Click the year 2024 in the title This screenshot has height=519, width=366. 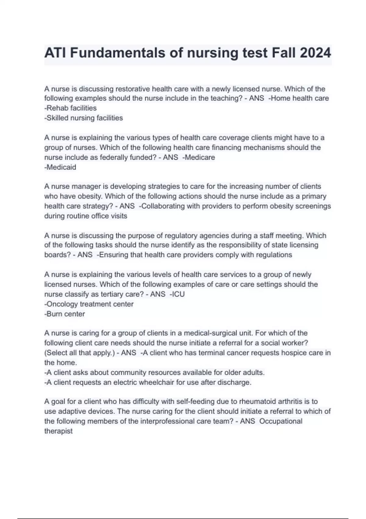[x=316, y=53]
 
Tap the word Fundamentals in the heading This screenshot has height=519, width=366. [x=117, y=53]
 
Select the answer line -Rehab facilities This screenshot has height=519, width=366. [x=70, y=108]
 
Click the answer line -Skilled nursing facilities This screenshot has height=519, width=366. [x=84, y=118]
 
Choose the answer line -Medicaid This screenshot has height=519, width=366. [x=60, y=167]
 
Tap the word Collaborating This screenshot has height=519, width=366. [x=163, y=206]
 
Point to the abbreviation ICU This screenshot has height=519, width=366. [x=178, y=294]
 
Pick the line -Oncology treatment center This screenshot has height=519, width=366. [x=89, y=304]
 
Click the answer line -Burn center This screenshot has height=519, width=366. [x=65, y=314]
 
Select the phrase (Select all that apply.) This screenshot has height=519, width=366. [x=80, y=353]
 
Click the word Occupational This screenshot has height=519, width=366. [x=281, y=421]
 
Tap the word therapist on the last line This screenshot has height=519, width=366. [x=59, y=431]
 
